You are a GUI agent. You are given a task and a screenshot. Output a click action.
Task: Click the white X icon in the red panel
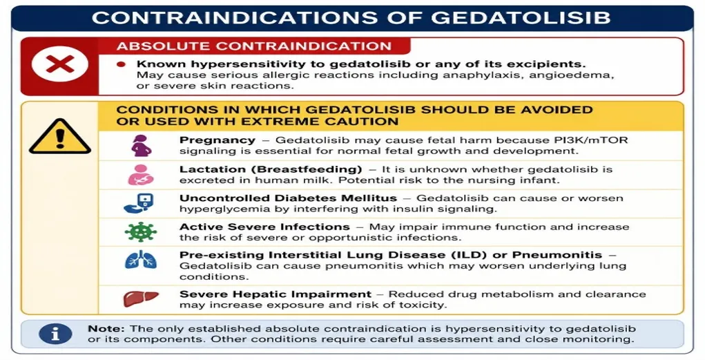[60, 64]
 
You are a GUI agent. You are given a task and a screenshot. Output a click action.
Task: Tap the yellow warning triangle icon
[60, 137]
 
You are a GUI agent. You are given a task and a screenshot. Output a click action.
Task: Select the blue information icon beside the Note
[55, 334]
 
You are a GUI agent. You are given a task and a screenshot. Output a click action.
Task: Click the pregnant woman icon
[141, 145]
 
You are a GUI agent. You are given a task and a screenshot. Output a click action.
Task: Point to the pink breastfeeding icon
[141, 175]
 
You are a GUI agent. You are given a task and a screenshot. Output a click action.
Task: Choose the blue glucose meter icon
[139, 203]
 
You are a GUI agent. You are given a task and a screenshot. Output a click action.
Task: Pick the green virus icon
[141, 232]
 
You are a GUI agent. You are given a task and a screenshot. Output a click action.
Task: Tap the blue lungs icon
[141, 260]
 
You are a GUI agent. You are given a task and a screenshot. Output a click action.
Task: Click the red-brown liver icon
[141, 299]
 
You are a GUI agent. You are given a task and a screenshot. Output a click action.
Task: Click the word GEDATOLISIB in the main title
[521, 17]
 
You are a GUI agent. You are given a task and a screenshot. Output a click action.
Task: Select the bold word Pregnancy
[218, 140]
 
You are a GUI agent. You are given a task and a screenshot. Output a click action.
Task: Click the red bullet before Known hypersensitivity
[121, 64]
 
